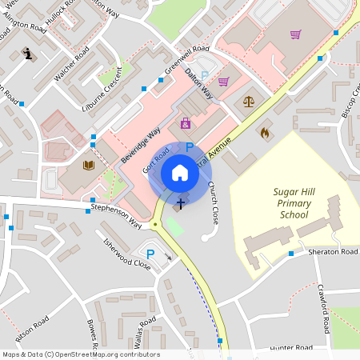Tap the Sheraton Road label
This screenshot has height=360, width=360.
coord(333,251)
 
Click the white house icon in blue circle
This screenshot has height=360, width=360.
coord(180,173)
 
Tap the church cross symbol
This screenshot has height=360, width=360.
coord(181,203)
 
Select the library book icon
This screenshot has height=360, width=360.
coord(88,166)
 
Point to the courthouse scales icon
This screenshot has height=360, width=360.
coord(248,102)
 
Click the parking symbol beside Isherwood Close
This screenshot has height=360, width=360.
coord(150,254)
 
